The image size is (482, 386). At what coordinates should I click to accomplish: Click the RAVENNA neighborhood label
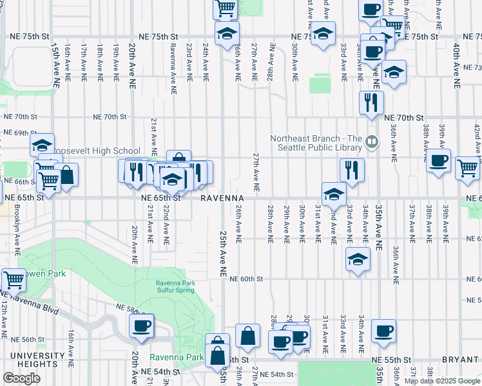click(x=222, y=198)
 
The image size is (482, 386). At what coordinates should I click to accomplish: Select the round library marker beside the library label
click(x=371, y=141)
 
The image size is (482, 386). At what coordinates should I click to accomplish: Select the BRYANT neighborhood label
click(x=462, y=360)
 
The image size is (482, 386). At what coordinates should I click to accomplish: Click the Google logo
click(x=21, y=378)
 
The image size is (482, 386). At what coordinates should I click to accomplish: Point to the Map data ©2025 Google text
click(x=443, y=381)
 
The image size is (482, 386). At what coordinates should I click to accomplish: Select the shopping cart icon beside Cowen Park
click(x=14, y=279)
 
